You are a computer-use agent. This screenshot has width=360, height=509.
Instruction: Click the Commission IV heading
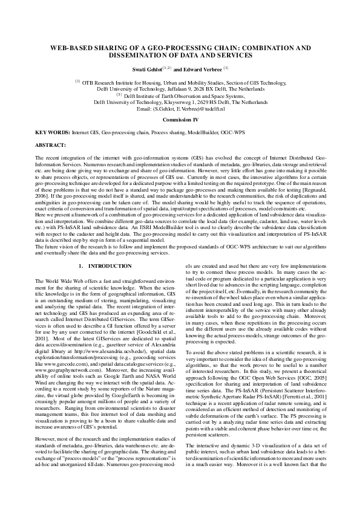[x=180, y=120]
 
